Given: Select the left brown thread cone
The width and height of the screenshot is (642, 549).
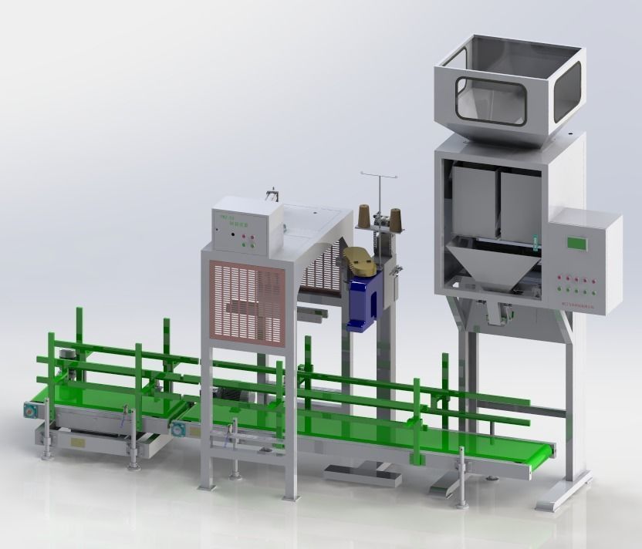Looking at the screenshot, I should tap(363, 217).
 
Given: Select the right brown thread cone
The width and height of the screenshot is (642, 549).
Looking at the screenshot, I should tap(399, 219).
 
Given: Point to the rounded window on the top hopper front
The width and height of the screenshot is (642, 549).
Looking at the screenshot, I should tap(491, 100).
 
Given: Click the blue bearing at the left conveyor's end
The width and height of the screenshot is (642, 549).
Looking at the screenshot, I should tap(30, 411).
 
